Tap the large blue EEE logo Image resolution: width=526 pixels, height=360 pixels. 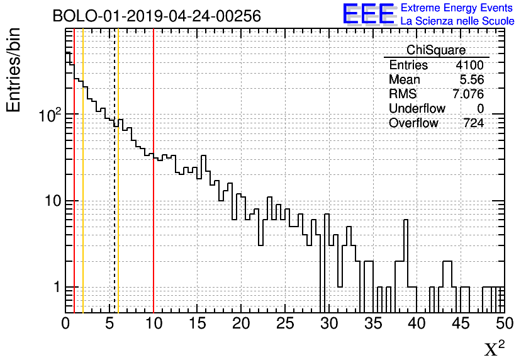pos(368,14)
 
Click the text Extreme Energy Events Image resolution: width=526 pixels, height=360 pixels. pos(457,8)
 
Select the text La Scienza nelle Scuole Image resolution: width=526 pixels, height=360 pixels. pos(457,21)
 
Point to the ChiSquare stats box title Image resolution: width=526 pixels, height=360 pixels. pos(436,50)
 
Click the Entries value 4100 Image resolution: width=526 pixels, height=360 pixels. pos(470,65)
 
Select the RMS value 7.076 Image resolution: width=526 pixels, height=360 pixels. pos(468,94)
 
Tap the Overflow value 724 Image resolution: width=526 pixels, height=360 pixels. pos(473,123)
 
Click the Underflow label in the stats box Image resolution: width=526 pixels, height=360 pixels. pos(417,109)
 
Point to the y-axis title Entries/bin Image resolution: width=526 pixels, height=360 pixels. pos(14,70)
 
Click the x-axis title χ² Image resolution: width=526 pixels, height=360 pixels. pos(495,348)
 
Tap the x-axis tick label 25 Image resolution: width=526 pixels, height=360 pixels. pos(285,323)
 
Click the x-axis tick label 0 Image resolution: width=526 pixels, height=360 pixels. pos(66,323)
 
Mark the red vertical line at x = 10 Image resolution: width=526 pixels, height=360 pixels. pos(154,189)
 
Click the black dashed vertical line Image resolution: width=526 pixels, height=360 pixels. pos(114,189)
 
